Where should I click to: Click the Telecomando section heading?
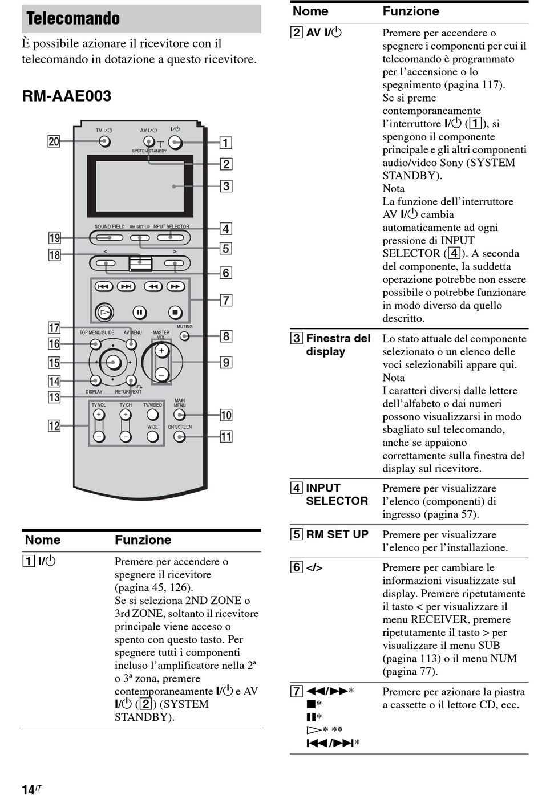coord(73,18)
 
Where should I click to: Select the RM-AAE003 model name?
coord(67,96)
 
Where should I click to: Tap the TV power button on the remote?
coord(104,141)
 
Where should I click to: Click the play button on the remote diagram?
coord(104,312)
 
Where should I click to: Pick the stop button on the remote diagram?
coord(175,313)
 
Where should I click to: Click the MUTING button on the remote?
coord(184,336)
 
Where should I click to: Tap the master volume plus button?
coord(161,351)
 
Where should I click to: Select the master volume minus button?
coord(161,375)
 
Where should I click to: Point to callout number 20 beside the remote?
coord(54,141)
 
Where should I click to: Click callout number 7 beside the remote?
coord(226,300)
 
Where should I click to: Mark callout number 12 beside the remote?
coord(54,425)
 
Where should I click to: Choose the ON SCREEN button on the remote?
coord(180,436)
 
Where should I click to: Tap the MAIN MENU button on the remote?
coord(179,415)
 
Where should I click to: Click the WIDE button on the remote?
coord(153,436)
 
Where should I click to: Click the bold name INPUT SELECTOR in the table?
coord(337,494)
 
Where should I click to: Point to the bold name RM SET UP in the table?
coord(337,534)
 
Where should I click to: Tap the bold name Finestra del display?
coord(338,344)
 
